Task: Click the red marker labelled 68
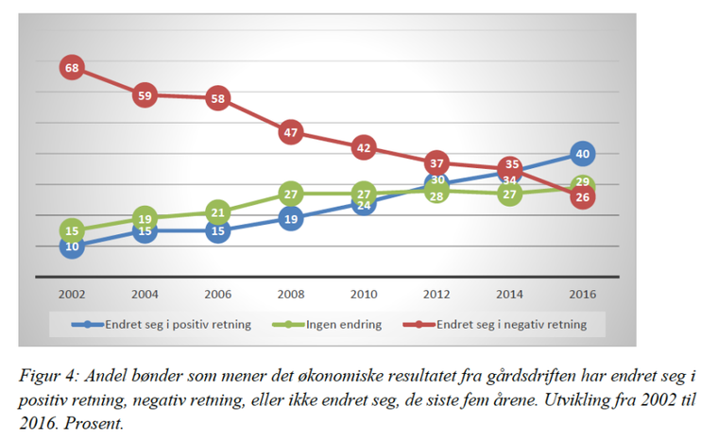pos(72,67)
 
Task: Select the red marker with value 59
pos(145,95)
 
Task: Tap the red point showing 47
pos(290,132)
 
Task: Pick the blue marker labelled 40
pos(583,154)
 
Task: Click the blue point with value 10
pos(72,246)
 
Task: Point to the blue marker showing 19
pos(290,219)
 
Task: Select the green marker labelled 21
pos(217,212)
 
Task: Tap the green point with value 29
pos(583,183)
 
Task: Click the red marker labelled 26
pos(583,197)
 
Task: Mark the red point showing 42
pos(364,147)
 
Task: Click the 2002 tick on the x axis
pos(72,294)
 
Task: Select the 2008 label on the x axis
pos(290,294)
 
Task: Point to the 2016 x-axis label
pos(583,294)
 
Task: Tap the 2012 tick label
pos(436,294)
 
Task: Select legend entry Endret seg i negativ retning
pos(510,325)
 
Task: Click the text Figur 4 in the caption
pos(47,375)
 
